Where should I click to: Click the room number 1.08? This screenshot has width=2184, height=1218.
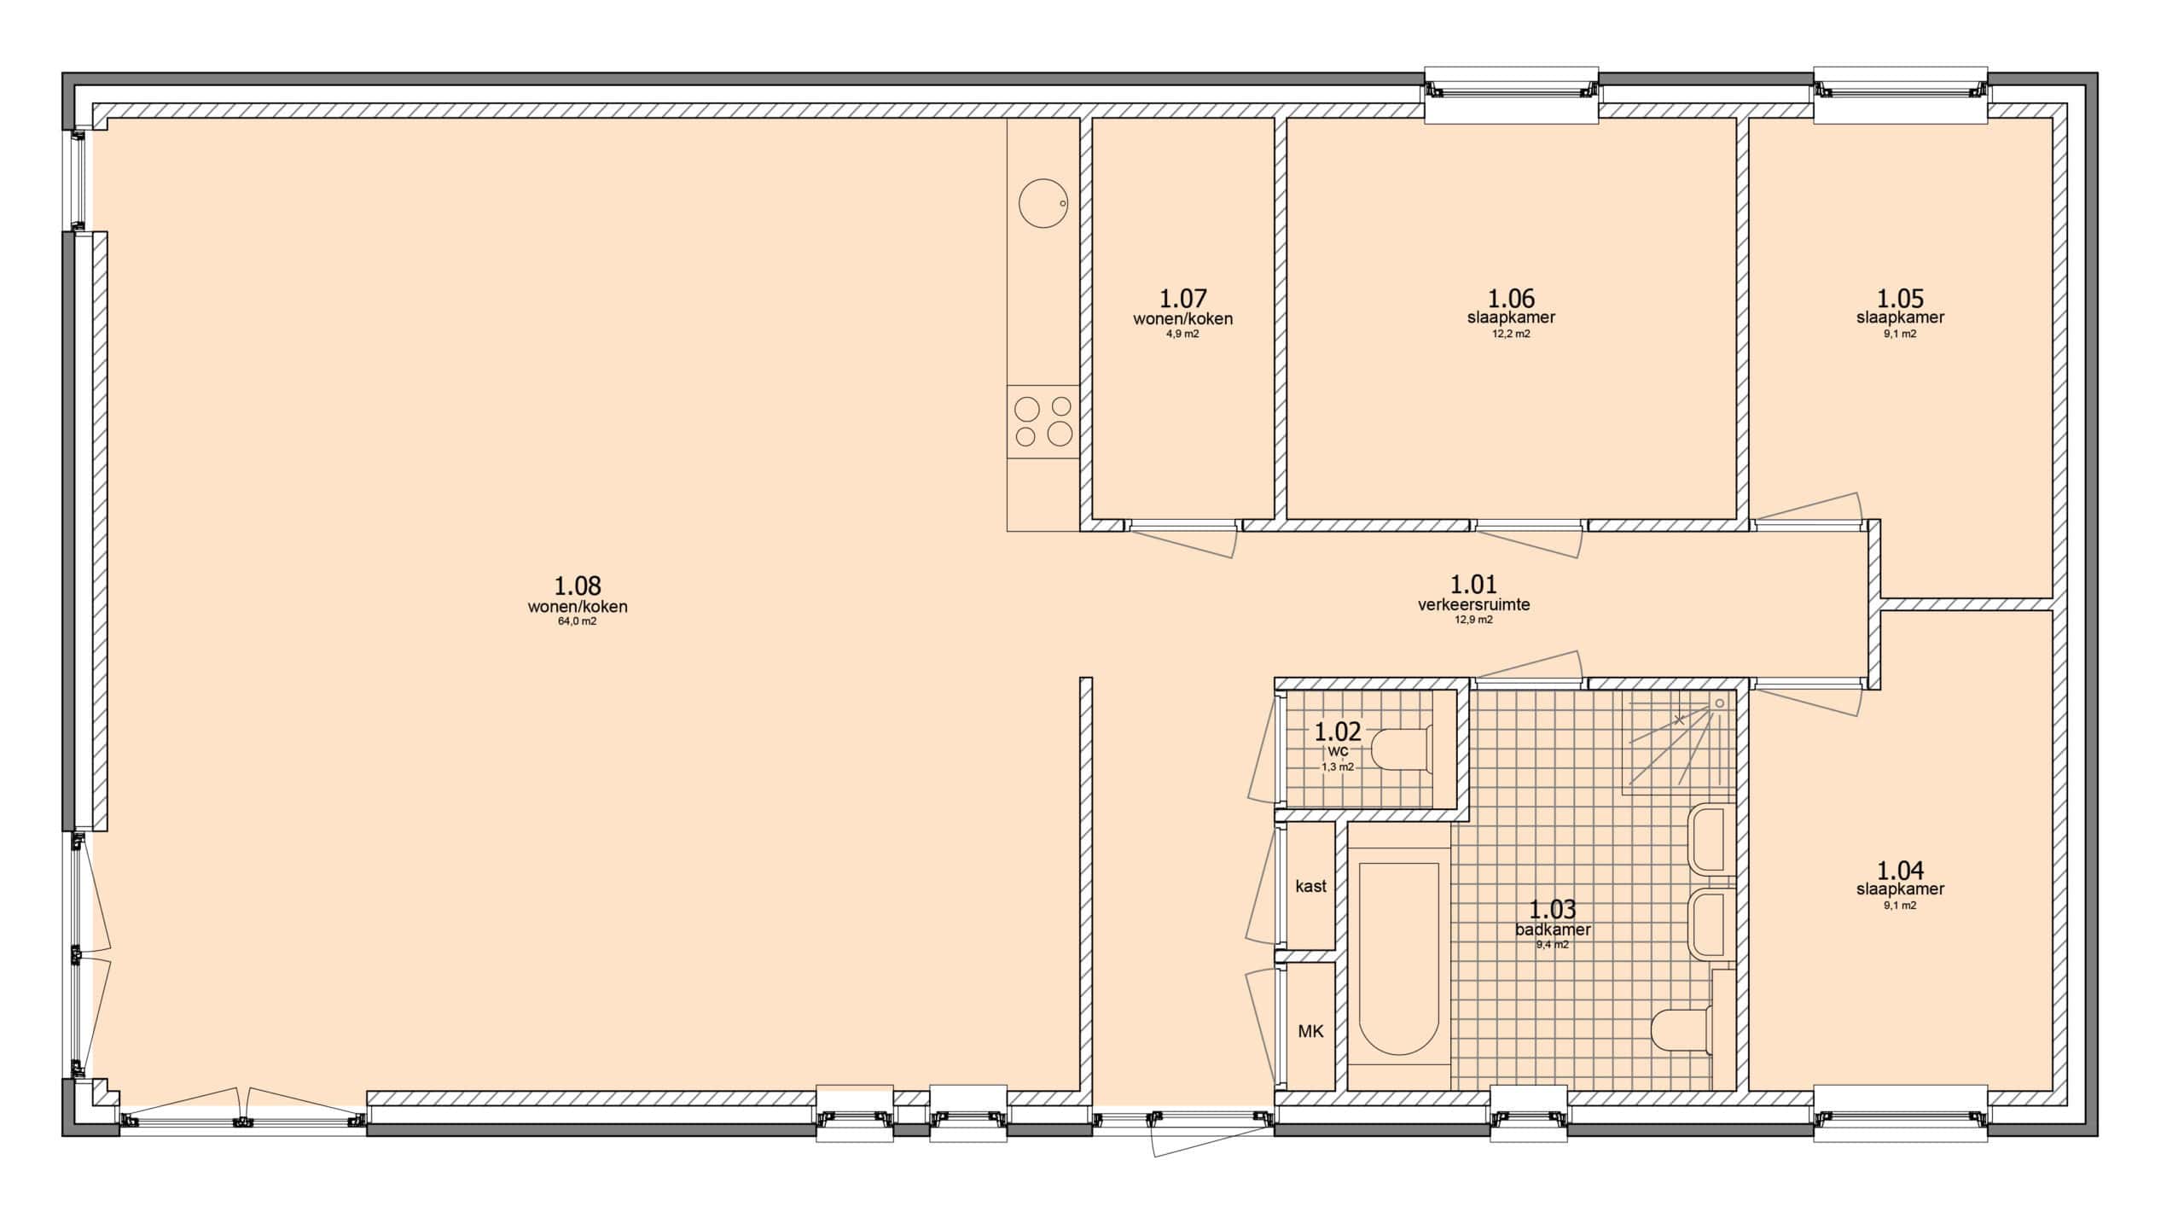(578, 586)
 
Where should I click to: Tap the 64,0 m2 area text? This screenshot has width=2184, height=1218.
(578, 621)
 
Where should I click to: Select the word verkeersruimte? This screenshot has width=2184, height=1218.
(1473, 604)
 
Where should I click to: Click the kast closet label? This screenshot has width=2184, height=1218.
(1310, 886)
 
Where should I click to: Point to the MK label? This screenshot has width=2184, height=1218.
(1310, 1031)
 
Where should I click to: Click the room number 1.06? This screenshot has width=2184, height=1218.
(1511, 298)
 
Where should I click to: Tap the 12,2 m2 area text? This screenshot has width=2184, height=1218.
(1511, 334)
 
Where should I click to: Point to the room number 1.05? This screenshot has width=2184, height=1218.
(1900, 298)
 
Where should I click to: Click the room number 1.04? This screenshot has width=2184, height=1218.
(1900, 870)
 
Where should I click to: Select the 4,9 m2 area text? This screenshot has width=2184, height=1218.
(1183, 334)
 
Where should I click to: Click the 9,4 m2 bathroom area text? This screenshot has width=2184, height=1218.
(1553, 945)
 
